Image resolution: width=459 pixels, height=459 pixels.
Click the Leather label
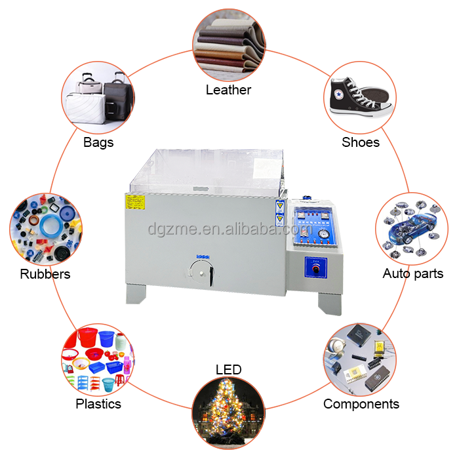coord(228,90)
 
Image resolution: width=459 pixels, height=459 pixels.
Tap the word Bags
coord(98,142)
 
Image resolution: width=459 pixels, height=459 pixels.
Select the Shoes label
coord(360,142)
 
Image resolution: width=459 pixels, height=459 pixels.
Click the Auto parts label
coord(412,273)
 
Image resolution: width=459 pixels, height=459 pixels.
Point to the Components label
coord(361,404)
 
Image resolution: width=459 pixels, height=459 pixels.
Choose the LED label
coord(228,370)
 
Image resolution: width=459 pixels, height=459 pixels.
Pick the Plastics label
coord(98,404)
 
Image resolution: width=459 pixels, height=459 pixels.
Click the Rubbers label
coord(45,273)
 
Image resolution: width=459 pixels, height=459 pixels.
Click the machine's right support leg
coord(329,302)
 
